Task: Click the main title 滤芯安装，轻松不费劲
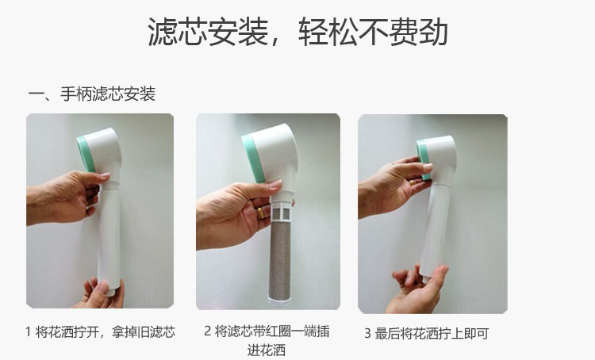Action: (x=297, y=33)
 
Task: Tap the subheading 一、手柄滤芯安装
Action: (x=92, y=94)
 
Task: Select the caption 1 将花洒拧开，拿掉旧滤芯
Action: (x=100, y=332)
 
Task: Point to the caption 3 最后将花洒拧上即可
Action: (x=427, y=334)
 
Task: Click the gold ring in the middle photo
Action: (x=261, y=213)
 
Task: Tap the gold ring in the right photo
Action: (x=412, y=182)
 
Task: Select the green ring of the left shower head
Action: (x=86, y=155)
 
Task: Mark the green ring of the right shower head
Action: (x=423, y=158)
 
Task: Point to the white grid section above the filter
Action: (x=282, y=211)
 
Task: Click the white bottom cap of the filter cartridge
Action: (x=279, y=301)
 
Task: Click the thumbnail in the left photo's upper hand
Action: (x=105, y=175)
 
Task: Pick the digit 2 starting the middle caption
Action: (x=207, y=331)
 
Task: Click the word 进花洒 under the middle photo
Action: (x=267, y=350)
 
